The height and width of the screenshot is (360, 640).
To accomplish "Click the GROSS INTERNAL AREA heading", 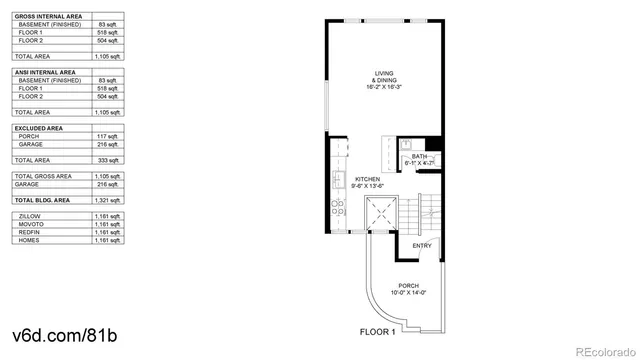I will (47, 15).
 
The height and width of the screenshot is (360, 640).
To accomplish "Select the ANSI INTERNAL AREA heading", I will (45, 72).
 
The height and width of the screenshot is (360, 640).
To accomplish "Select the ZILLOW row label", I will (29, 216).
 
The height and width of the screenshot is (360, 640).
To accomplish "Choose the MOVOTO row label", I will (30, 224).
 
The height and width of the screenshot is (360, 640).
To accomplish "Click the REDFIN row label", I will (29, 232).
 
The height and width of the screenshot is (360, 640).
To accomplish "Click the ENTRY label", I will (422, 246).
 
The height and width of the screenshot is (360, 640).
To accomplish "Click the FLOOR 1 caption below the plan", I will (378, 331).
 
